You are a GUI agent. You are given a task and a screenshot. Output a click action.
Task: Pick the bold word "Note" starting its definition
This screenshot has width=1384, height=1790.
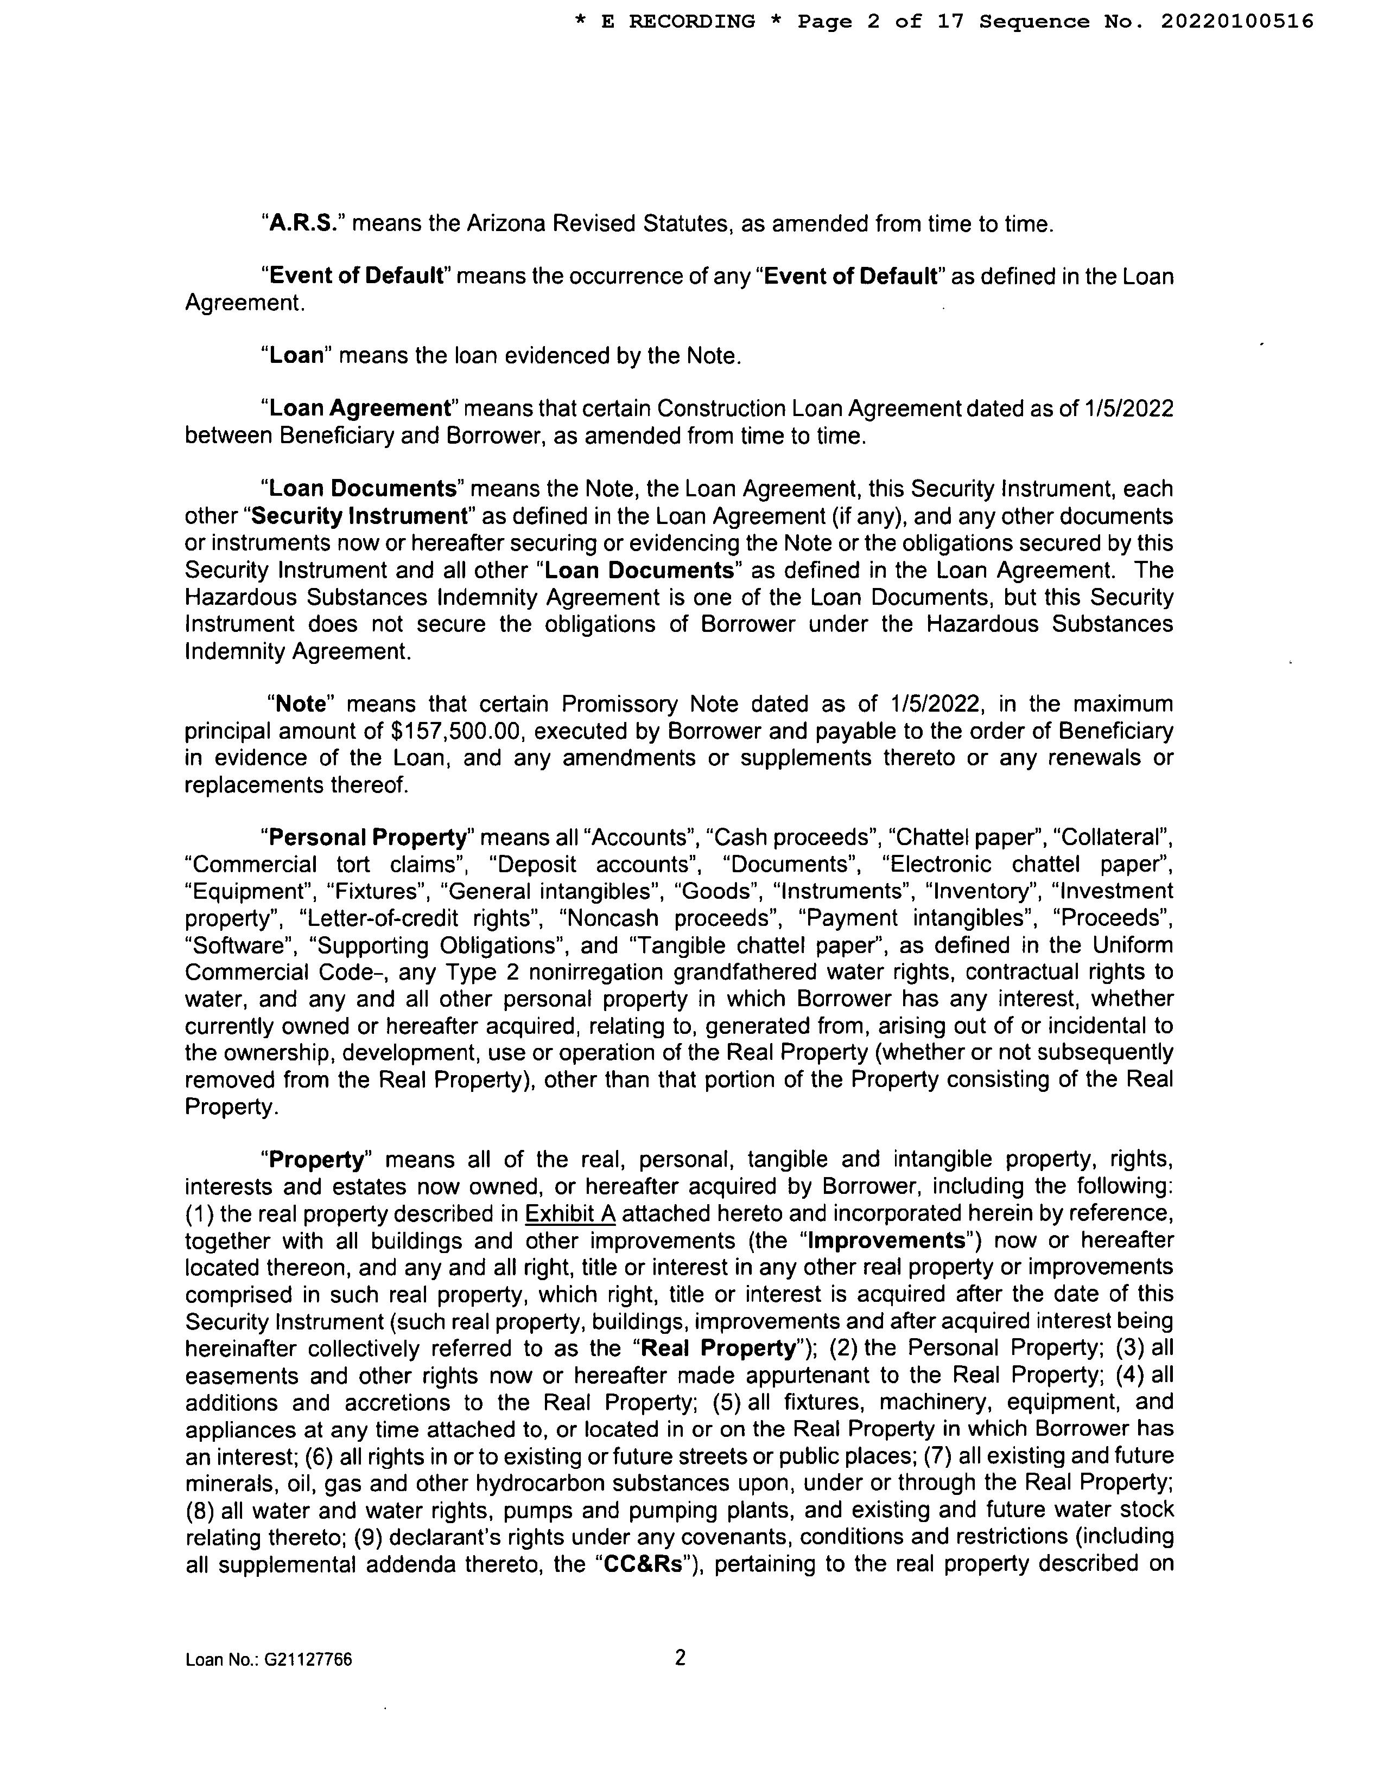302,704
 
